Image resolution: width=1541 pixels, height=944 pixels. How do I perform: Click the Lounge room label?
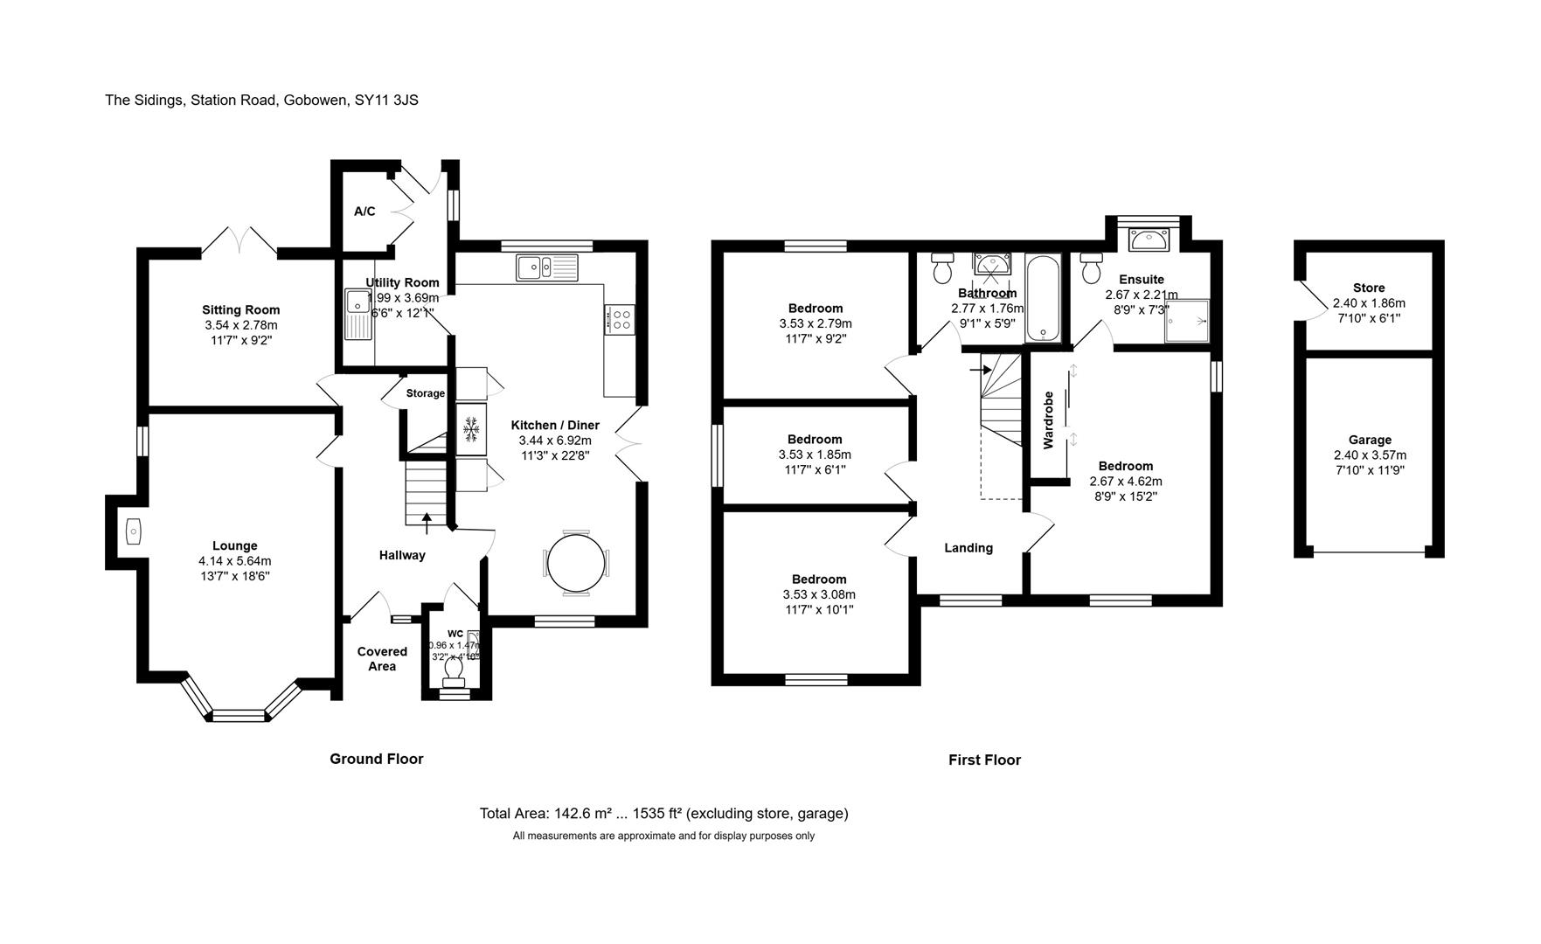(x=234, y=546)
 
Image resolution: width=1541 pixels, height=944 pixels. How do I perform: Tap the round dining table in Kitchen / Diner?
(x=576, y=563)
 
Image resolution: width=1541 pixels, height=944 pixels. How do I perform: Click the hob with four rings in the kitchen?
(x=620, y=319)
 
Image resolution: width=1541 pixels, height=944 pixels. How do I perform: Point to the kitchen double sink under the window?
(x=547, y=267)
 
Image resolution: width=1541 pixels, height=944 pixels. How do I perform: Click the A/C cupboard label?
(x=364, y=212)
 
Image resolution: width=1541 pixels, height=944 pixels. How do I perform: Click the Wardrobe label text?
(x=1049, y=420)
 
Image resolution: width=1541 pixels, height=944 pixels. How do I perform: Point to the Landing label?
(x=968, y=548)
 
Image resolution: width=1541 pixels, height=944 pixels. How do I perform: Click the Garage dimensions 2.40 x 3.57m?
(x=1370, y=455)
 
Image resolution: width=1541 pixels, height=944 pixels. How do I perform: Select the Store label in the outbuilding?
(x=1369, y=288)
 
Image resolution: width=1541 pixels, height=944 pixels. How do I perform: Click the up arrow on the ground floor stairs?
(x=427, y=523)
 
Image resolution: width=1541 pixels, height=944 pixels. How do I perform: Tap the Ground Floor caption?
(x=376, y=759)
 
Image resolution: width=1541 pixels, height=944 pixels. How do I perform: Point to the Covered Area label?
(x=382, y=659)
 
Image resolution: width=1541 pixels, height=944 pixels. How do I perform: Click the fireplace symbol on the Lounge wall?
(x=133, y=531)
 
